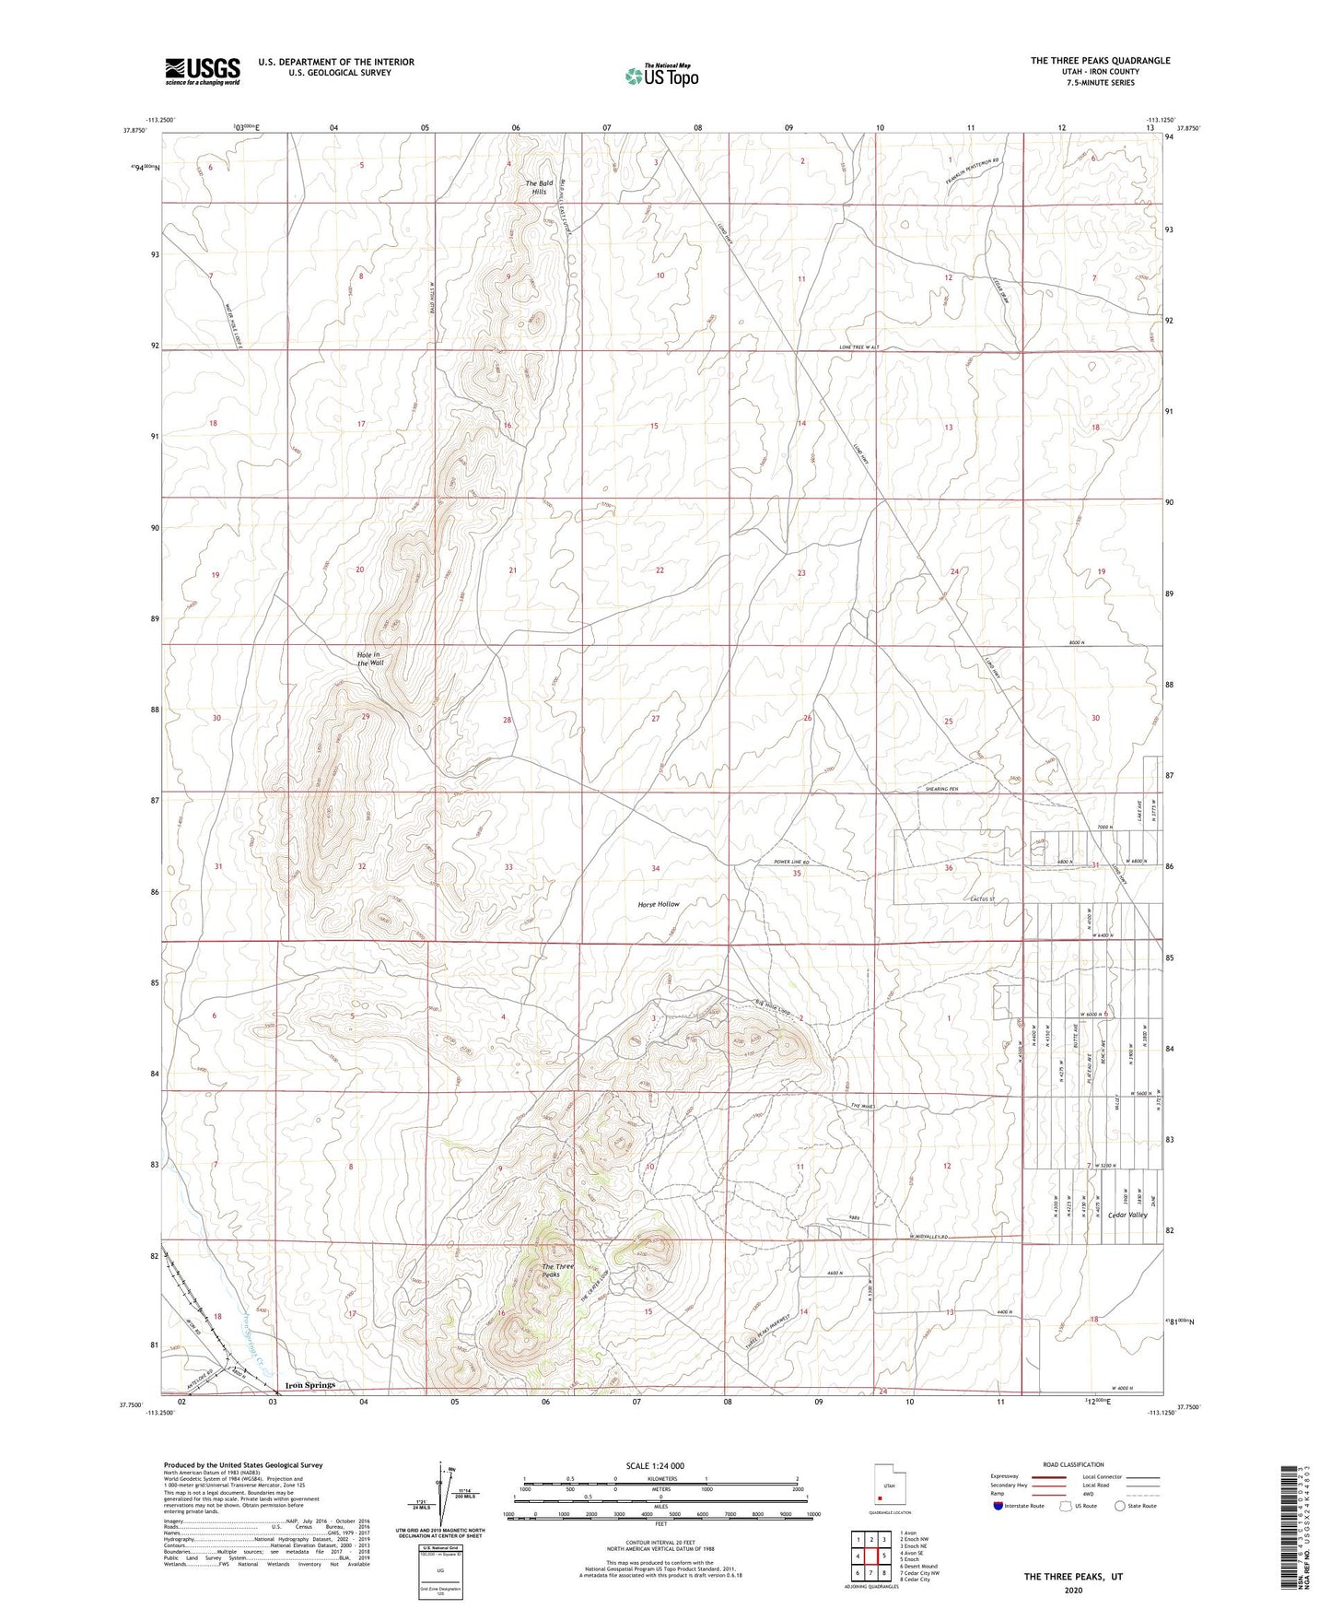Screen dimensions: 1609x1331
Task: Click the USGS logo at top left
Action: click(203, 71)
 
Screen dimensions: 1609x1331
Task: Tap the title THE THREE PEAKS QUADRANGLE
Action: click(1100, 61)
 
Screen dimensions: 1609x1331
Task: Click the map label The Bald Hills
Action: click(538, 187)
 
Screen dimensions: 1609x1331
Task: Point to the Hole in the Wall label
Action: click(369, 659)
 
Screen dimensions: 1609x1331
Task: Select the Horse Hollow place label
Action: click(659, 904)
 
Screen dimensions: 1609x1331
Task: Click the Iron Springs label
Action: click(310, 1385)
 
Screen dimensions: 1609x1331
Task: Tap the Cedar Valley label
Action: click(1128, 1215)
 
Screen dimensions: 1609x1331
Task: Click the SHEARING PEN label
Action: click(941, 790)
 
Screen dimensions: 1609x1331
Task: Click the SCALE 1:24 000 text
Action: click(654, 1466)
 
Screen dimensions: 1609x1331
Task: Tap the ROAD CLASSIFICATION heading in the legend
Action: click(1073, 1465)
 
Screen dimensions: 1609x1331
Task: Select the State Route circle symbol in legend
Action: click(1119, 1507)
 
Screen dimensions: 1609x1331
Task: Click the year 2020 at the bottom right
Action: click(1072, 1591)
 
